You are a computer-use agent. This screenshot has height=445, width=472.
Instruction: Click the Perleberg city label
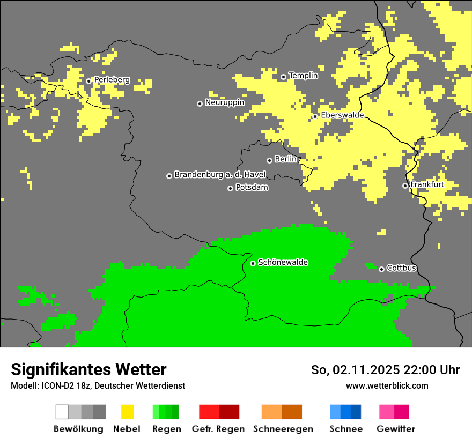(112, 80)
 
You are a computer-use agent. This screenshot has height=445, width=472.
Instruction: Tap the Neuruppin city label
(224, 102)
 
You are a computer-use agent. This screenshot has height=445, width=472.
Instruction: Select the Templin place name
(303, 76)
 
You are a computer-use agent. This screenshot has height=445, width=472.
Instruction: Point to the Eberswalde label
(342, 115)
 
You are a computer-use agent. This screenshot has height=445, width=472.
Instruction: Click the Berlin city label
(285, 159)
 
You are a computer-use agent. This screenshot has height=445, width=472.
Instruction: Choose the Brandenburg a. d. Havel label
(220, 175)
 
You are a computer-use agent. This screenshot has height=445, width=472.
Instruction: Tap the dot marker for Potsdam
(230, 188)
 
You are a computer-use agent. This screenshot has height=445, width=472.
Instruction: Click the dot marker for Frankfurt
(405, 186)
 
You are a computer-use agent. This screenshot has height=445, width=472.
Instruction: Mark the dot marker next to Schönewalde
(253, 263)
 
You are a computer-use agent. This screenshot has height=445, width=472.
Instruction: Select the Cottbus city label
(401, 268)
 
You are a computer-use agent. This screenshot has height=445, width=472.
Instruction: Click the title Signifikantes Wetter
(88, 370)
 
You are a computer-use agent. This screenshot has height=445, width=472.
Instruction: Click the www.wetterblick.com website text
(387, 385)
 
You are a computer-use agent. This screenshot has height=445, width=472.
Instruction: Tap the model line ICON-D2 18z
(98, 385)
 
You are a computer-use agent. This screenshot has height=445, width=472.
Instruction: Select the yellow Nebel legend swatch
(127, 412)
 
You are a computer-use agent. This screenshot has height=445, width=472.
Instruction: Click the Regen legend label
(166, 429)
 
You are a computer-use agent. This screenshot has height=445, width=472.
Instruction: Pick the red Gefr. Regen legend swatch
(209, 412)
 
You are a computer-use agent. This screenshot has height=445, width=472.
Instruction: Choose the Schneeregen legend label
(283, 429)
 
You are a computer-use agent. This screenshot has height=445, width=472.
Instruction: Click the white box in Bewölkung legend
(62, 412)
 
